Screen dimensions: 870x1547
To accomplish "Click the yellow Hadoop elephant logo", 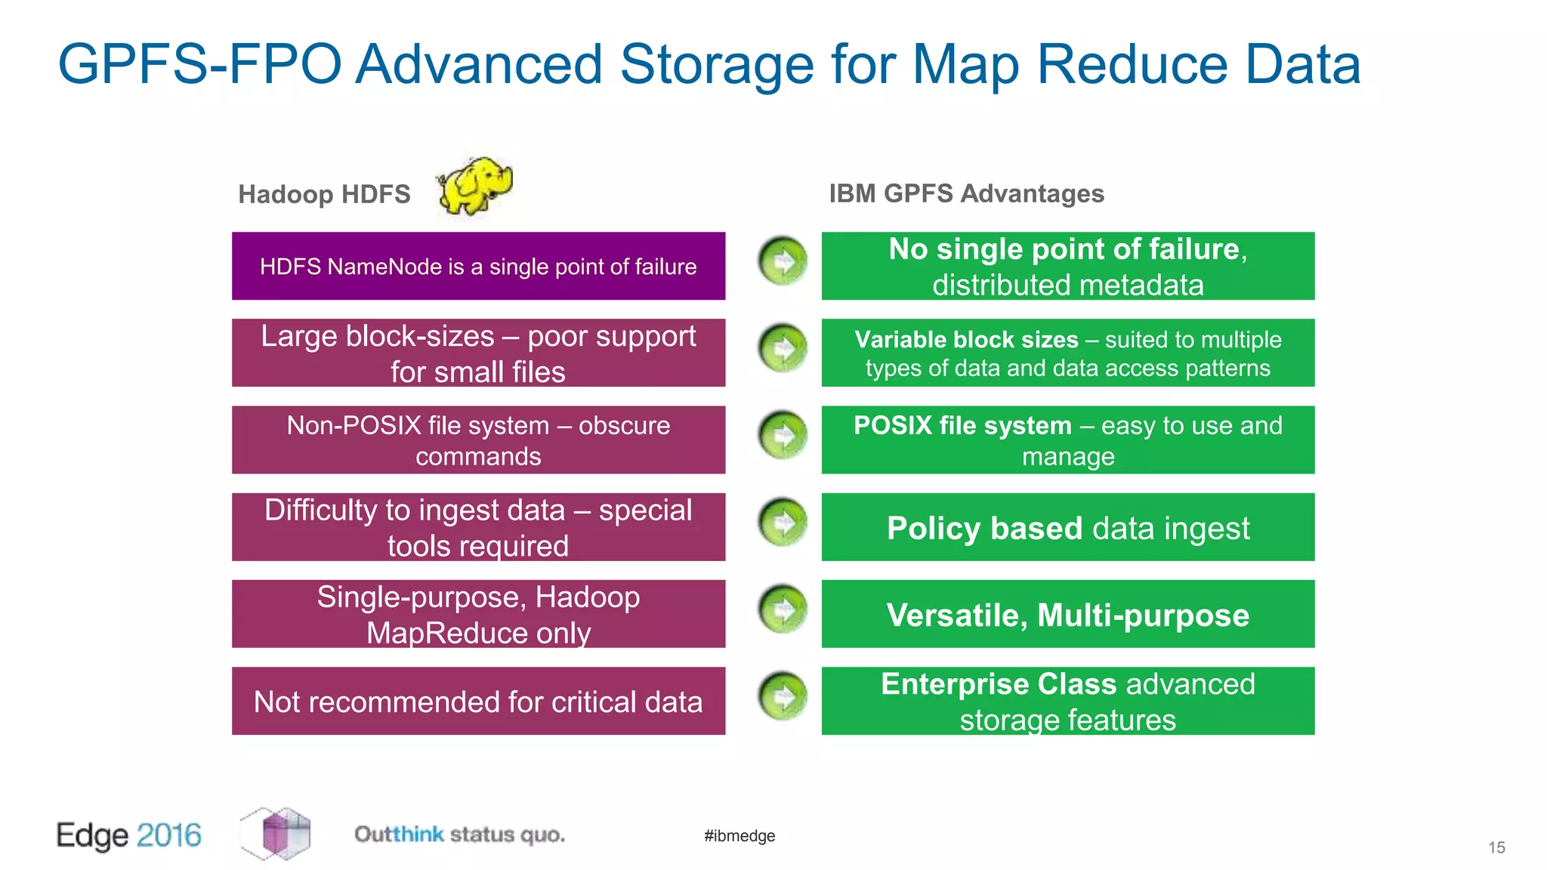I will [475, 186].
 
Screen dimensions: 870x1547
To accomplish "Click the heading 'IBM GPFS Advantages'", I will [966, 193].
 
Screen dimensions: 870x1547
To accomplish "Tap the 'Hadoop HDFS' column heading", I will [324, 194].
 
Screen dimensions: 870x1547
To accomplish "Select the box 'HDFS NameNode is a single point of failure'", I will [478, 266].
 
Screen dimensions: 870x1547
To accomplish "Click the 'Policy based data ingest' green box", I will [1067, 527].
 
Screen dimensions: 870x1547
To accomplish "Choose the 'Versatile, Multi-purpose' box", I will [1067, 614].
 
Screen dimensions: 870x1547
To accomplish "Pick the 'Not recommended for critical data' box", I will [478, 701].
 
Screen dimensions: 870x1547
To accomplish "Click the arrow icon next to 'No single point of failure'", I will [783, 261].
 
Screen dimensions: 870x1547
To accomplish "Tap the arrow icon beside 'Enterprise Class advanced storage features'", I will [783, 696].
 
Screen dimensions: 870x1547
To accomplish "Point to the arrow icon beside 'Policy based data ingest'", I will [783, 523].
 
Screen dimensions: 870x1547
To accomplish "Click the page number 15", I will [1496, 847].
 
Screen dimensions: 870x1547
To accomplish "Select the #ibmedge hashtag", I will [740, 835].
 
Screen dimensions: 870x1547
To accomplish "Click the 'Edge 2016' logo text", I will [129, 835].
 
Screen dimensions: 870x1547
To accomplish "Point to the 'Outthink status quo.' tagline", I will [459, 835].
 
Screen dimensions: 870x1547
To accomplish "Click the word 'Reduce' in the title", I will [1132, 64].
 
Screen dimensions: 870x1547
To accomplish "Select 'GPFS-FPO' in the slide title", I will [199, 64].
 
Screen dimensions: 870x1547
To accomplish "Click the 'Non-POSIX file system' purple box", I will [478, 440].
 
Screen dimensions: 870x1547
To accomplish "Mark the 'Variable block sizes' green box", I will [1067, 353].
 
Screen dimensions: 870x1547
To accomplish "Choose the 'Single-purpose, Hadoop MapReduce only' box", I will [478, 614].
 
